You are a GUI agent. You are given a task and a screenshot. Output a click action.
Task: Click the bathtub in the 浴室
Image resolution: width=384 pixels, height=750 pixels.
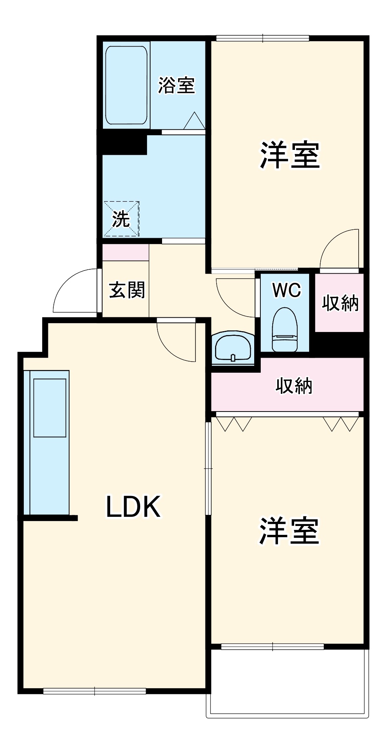point(126,85)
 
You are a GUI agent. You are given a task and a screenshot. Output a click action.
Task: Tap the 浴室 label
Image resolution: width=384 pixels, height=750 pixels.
point(176,85)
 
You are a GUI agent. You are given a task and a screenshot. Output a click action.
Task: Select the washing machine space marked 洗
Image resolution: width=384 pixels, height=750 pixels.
point(121,219)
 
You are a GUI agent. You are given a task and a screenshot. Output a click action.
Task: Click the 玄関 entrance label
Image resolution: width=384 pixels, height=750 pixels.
point(127,290)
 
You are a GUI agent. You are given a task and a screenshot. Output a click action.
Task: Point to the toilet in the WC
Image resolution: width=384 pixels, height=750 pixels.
point(285,330)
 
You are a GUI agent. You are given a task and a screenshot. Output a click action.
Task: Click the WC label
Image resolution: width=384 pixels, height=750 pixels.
point(286,290)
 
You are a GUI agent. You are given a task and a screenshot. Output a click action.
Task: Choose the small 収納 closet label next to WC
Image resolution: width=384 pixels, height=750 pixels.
point(340,303)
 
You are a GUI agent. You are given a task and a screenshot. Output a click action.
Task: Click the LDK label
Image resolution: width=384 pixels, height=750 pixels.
point(133,506)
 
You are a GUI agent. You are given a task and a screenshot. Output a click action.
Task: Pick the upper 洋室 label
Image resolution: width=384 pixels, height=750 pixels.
point(290,155)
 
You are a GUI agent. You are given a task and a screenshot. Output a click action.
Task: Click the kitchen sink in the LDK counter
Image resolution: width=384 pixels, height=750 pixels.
point(50,408)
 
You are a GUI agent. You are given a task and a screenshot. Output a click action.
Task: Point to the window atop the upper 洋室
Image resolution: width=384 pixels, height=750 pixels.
point(262,38)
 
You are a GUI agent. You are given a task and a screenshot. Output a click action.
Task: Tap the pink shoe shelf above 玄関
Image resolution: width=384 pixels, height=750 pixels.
point(125,252)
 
